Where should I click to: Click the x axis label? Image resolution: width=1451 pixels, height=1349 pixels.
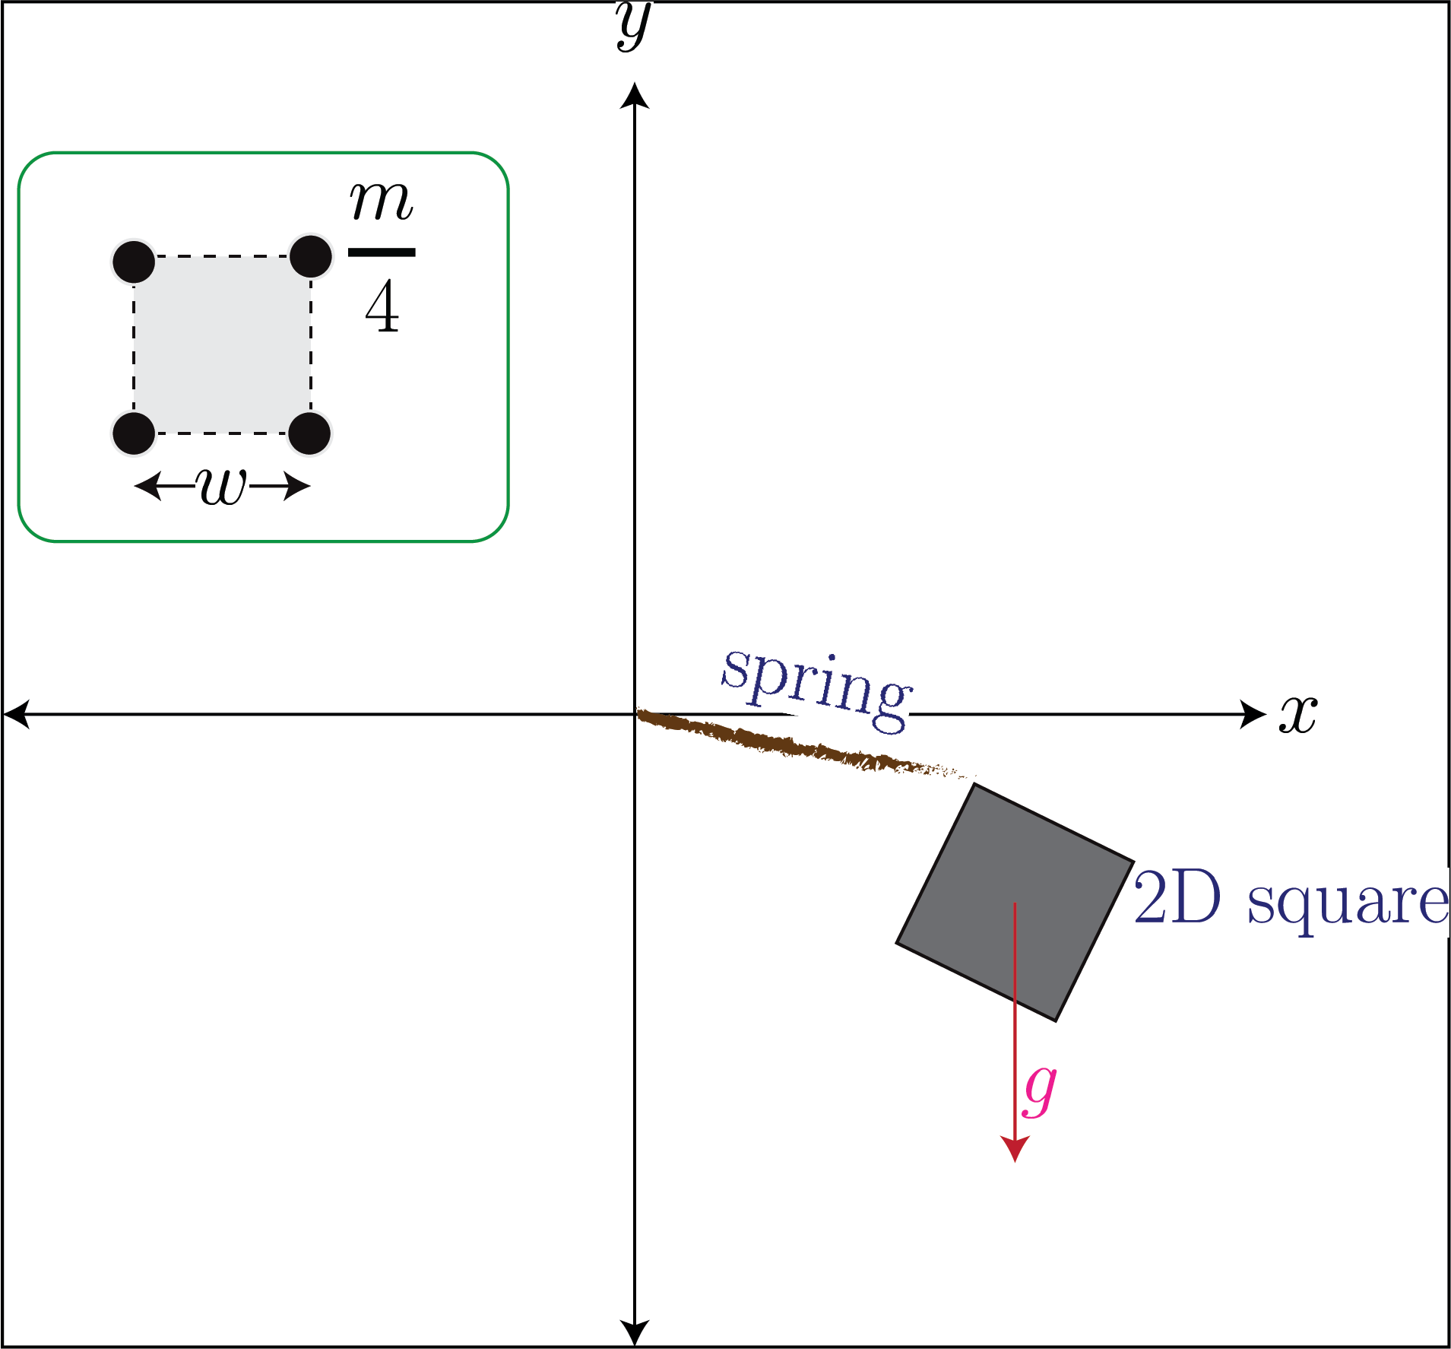tap(1298, 715)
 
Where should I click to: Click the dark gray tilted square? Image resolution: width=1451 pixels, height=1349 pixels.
tap(1015, 903)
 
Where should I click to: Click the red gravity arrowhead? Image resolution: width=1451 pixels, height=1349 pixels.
tap(1015, 1149)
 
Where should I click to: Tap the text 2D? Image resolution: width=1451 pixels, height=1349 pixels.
tap(1177, 898)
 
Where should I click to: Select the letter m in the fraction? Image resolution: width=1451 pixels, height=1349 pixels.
tap(382, 202)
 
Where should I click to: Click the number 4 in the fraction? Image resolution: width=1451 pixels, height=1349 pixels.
tap(382, 306)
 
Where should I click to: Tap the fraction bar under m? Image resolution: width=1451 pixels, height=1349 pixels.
tap(382, 252)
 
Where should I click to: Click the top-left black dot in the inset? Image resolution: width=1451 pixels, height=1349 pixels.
tap(134, 262)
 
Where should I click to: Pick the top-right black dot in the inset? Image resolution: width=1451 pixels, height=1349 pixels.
tap(311, 256)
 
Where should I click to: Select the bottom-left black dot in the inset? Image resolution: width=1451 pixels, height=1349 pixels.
tap(134, 433)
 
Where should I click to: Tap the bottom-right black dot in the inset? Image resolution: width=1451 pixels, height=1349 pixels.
tap(309, 433)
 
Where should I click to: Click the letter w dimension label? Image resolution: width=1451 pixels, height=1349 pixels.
tap(222, 485)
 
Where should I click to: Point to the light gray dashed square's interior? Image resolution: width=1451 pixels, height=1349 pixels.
tap(222, 345)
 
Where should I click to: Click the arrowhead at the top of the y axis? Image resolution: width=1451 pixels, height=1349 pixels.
tap(635, 95)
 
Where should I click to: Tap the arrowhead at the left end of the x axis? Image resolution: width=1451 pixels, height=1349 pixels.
tap(17, 715)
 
